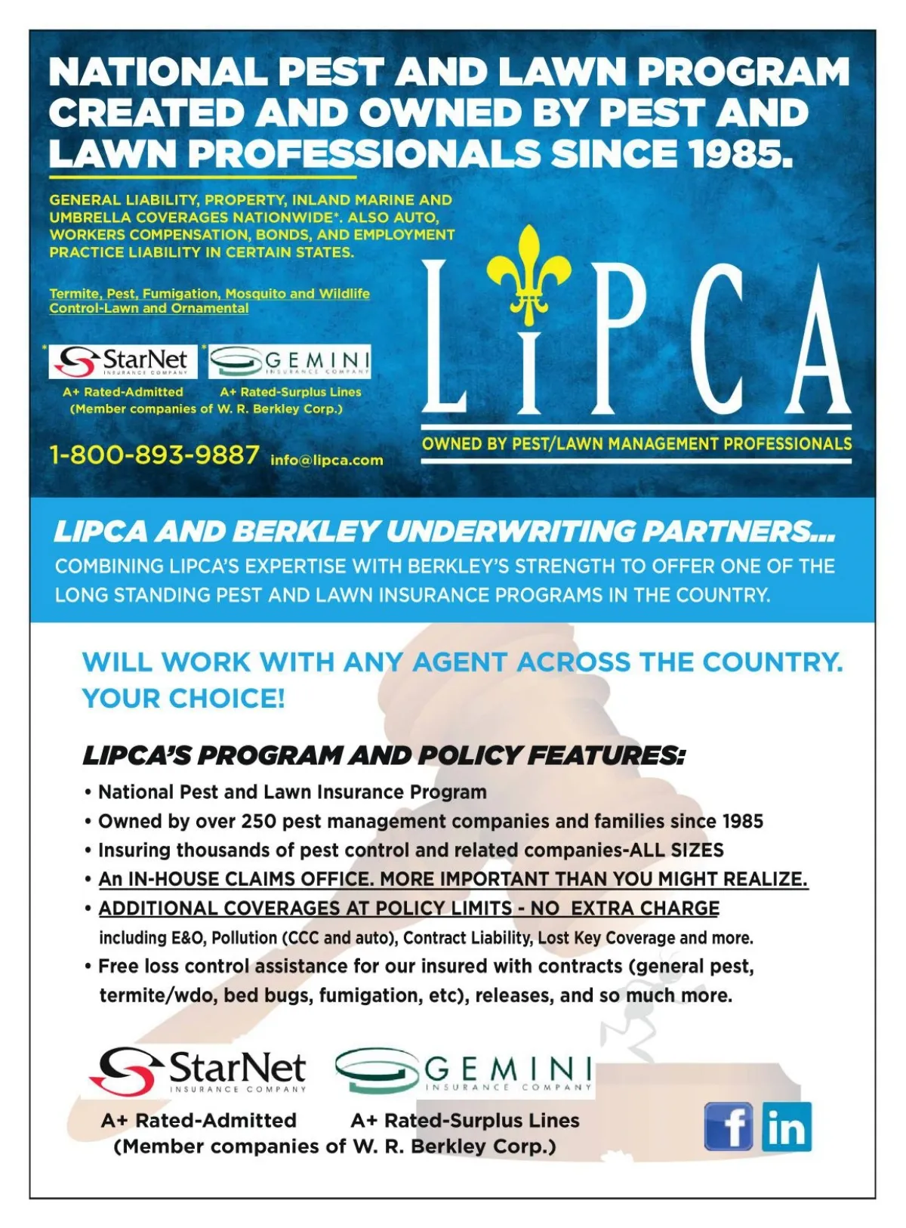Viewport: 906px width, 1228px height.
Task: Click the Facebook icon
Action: pos(729,1126)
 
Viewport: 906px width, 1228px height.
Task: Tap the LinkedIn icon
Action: pos(787,1126)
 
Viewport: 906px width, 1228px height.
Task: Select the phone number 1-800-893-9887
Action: pos(154,455)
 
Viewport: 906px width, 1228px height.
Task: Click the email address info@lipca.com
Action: pos(327,460)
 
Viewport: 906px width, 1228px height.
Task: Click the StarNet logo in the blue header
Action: pos(123,362)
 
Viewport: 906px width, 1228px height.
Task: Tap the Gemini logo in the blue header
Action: pos(290,362)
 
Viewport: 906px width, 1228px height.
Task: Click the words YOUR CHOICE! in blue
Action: pos(183,699)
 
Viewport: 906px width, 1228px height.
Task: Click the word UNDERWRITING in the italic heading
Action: pos(510,532)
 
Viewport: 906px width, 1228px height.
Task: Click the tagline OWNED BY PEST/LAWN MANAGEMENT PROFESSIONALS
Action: pos(636,444)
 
